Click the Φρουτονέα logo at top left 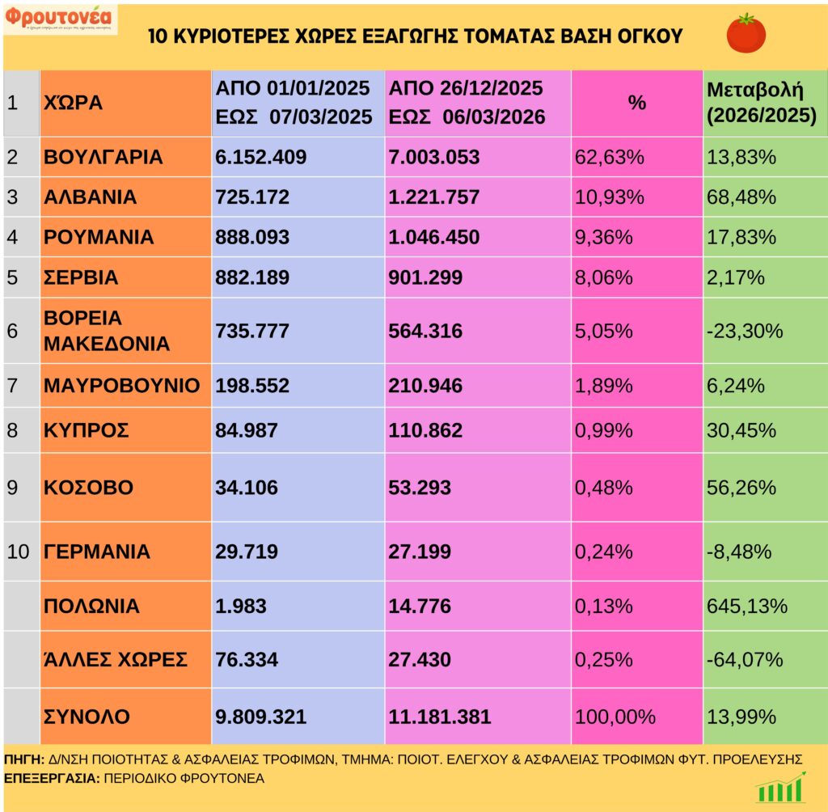[x=60, y=19]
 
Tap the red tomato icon [x=746, y=34]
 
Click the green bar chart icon [x=779, y=787]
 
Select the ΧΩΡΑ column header [x=73, y=103]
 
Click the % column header [x=637, y=103]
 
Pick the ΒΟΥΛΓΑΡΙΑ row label [x=103, y=157]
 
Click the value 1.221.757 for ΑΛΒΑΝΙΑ [x=434, y=197]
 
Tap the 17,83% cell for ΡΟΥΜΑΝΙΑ [x=741, y=238]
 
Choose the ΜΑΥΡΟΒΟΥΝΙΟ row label [x=121, y=386]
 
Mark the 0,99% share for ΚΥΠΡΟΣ [x=604, y=429]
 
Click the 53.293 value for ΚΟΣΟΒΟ [x=420, y=488]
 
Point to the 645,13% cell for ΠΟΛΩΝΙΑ [x=746, y=606]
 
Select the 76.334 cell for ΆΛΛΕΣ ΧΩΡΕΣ [x=247, y=659]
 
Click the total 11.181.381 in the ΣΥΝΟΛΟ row [x=440, y=717]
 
